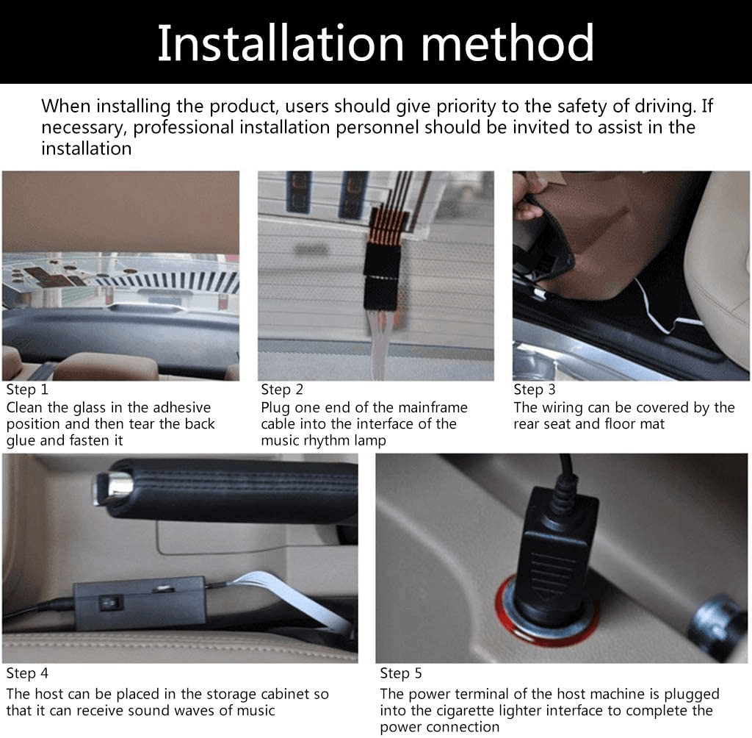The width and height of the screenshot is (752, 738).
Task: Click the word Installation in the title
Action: point(281,43)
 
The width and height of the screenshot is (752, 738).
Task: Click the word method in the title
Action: point(507,43)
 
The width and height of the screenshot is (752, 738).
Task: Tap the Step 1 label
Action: point(27,390)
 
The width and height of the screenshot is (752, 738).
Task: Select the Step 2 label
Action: point(282,390)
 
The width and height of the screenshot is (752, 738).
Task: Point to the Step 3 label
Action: point(535,390)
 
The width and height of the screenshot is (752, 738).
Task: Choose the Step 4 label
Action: point(27,673)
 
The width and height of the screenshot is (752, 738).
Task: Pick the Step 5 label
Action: point(401,673)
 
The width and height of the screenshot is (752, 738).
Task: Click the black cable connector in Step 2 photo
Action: point(382,276)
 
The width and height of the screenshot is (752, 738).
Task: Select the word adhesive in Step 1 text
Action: point(179,407)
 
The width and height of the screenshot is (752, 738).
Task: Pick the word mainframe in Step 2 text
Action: point(433,407)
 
